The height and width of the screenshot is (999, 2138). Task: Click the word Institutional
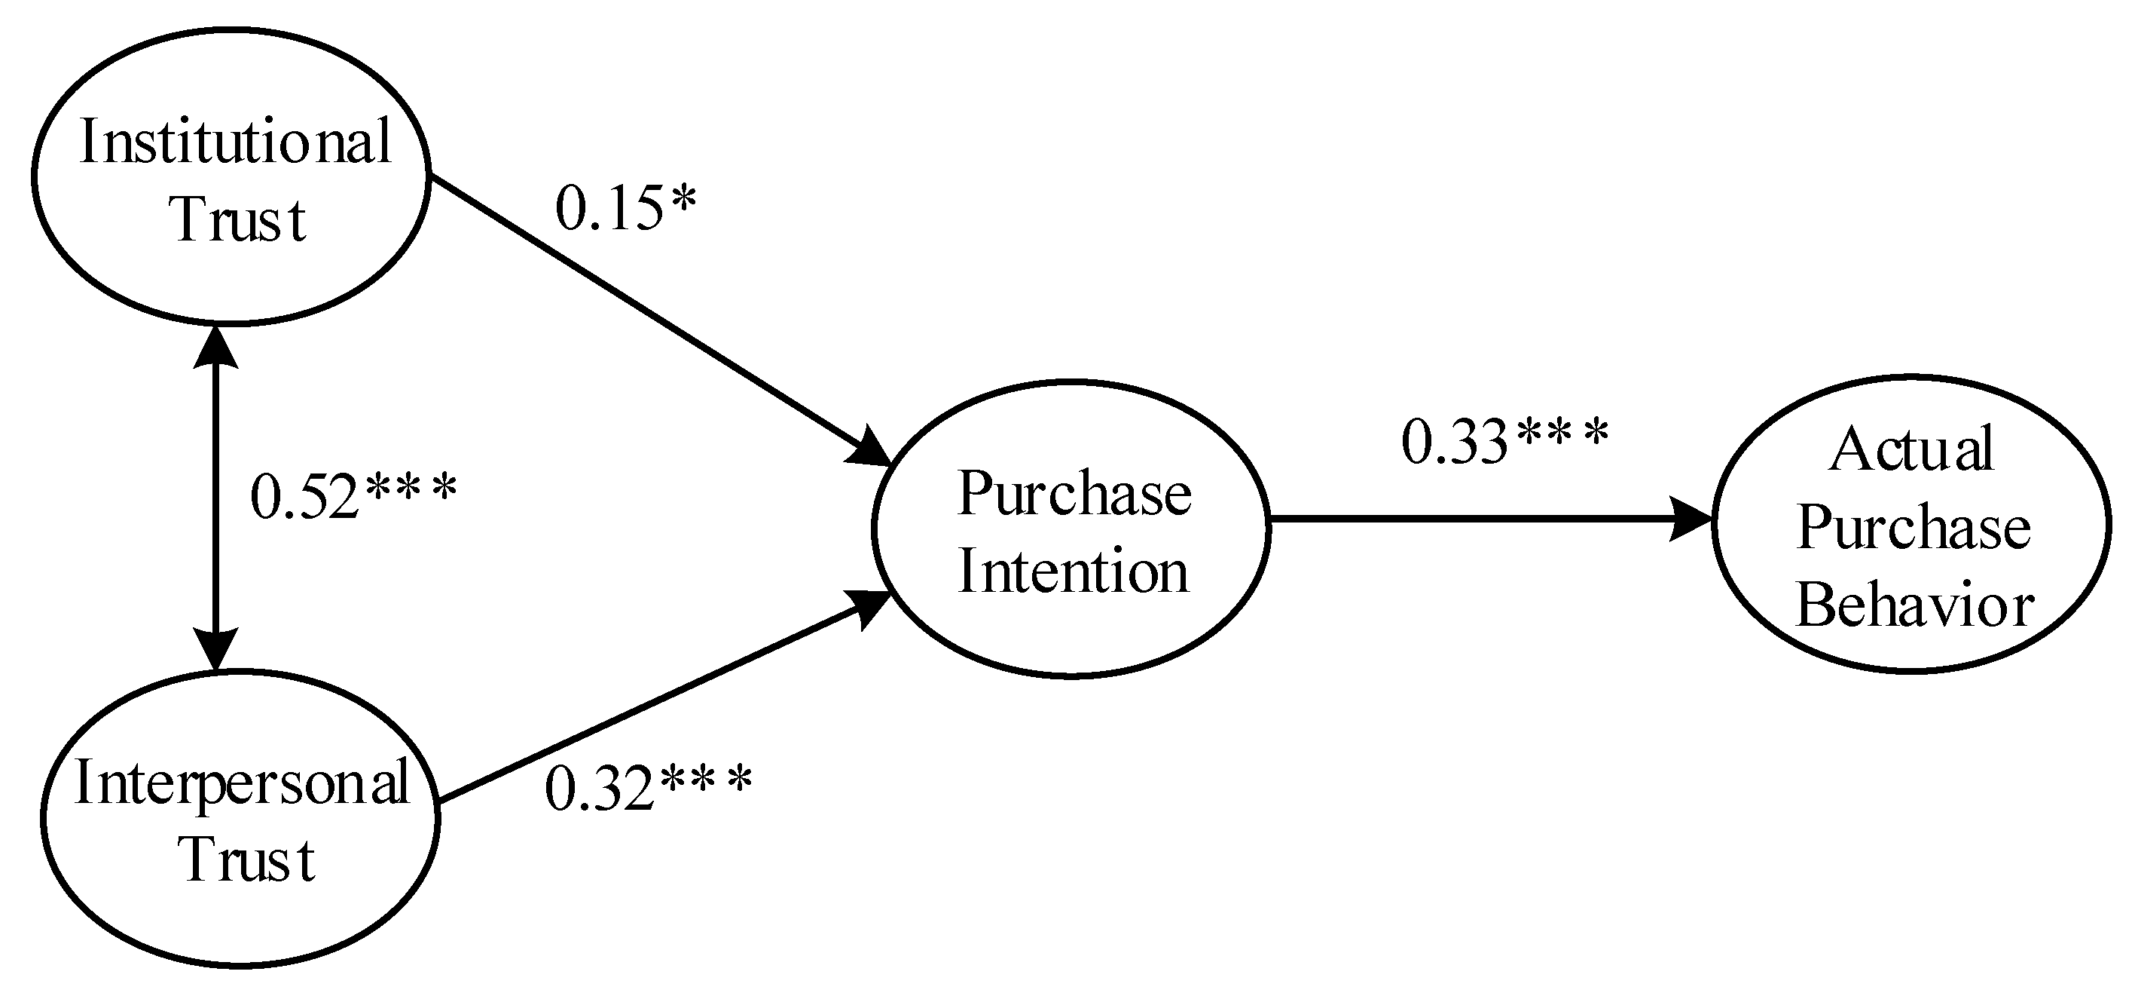tap(235, 142)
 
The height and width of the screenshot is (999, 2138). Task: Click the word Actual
tap(1910, 450)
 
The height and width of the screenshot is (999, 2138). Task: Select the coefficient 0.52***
tap(353, 497)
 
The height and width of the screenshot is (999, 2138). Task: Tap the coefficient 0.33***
tap(1504, 442)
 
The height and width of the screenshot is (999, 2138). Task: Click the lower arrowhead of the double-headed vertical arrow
tap(215, 647)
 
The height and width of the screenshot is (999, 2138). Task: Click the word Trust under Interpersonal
tap(246, 859)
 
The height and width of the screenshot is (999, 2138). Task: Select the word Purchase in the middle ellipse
tap(1074, 494)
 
